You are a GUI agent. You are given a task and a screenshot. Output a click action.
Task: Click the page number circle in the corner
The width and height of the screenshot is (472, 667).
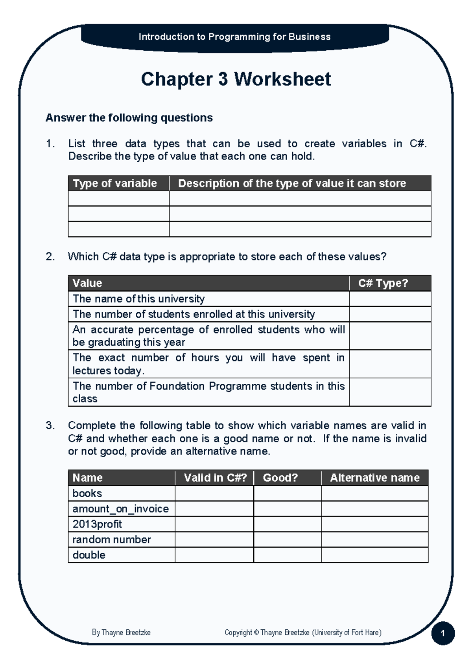443,633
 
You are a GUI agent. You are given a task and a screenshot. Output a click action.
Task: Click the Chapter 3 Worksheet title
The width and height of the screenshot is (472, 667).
236,79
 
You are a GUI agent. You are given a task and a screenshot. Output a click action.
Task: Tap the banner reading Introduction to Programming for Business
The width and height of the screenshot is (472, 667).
235,37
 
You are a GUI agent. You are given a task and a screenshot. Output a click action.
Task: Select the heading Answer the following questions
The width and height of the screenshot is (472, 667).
129,118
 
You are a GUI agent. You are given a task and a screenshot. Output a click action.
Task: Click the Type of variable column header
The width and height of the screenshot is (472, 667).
115,183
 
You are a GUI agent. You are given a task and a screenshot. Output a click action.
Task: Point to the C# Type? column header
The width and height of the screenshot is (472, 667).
383,283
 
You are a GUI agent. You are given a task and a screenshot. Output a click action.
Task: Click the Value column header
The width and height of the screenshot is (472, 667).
87,283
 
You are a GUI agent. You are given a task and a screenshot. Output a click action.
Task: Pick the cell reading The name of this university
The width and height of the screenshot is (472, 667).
138,299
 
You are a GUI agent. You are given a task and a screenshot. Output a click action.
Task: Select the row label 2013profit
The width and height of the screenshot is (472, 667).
97,524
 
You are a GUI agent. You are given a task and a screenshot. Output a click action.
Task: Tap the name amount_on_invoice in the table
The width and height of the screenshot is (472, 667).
120,509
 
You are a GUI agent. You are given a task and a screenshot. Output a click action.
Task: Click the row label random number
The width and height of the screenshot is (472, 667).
112,540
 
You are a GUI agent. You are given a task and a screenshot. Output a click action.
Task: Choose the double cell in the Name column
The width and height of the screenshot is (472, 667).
89,555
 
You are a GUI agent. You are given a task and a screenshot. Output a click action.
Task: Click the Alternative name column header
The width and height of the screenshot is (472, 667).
374,478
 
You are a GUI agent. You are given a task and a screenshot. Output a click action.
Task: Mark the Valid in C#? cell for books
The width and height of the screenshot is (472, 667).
214,493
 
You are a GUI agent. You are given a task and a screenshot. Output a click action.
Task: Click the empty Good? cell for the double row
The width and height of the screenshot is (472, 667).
287,555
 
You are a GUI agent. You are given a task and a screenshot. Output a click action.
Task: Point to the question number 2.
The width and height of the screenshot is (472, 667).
50,257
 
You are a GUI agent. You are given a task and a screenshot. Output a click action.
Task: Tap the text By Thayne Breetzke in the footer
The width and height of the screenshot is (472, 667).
121,632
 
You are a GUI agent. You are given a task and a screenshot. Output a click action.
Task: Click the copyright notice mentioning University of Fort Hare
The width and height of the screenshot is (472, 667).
303,632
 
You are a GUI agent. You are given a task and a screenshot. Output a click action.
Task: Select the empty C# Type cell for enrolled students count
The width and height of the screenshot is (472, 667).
390,314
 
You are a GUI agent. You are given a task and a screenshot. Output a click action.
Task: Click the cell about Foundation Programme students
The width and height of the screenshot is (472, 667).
208,392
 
